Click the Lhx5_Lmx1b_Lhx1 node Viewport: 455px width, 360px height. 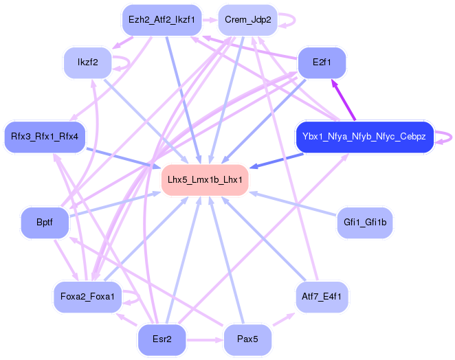pyautogui.click(x=204, y=180)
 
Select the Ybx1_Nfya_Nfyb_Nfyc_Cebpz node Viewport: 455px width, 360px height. pyautogui.click(x=364, y=137)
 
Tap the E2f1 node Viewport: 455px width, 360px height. pyautogui.click(x=321, y=63)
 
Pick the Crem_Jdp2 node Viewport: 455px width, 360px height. pyautogui.click(x=247, y=20)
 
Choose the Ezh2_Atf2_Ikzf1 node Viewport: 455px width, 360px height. pyautogui.click(x=160, y=20)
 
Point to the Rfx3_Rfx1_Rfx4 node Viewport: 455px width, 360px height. pyautogui.click(x=45, y=137)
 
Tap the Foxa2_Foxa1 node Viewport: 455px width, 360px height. pyautogui.click(x=87, y=297)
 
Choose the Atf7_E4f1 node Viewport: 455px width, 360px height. pyautogui.click(x=321, y=297)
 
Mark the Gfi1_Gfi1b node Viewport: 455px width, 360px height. pyautogui.click(x=364, y=223)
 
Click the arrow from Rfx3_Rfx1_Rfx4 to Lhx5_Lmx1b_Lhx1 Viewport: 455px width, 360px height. pyautogui.click(x=124, y=157)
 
